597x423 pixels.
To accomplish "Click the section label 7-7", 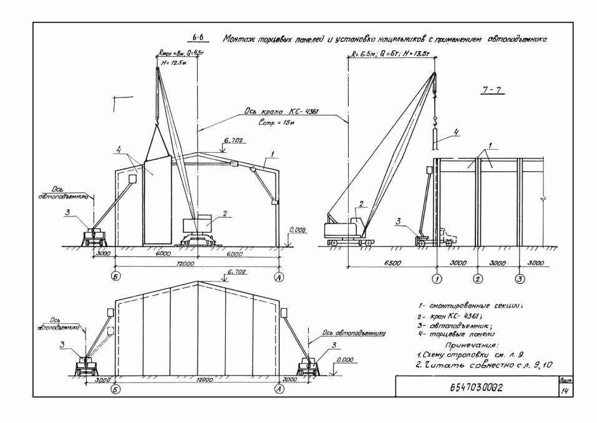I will coord(493,92).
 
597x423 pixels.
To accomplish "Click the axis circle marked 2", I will coord(478,278).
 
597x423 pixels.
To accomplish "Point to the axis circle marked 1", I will coord(437,278).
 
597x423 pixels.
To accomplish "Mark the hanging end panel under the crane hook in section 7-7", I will coord(440,136).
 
